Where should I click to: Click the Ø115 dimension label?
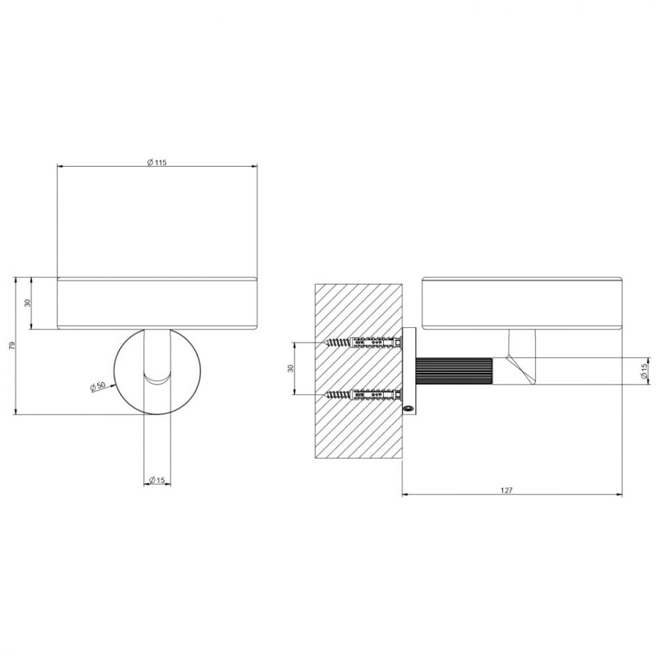point(156,162)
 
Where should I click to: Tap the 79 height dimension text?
point(10,347)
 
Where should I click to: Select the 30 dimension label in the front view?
point(27,304)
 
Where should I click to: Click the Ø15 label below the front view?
point(156,480)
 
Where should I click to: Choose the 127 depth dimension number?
point(507,491)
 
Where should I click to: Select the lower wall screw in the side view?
point(363,395)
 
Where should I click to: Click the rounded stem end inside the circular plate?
point(157,377)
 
